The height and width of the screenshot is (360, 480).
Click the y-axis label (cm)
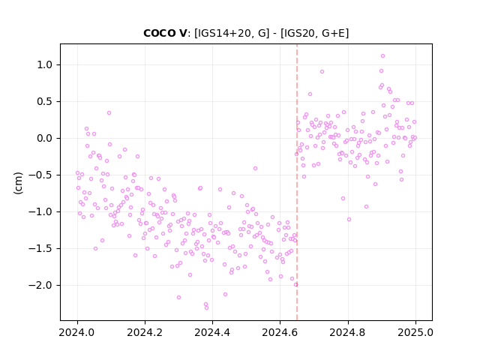[x=18, y=183]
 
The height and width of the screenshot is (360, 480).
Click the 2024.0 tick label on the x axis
[x=77, y=332]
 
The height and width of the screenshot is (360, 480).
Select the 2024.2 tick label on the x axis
[x=145, y=332]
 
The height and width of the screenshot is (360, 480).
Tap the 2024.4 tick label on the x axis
[x=212, y=332]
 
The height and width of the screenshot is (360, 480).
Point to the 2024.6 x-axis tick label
[x=280, y=332]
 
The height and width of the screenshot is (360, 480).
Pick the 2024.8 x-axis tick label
[x=348, y=332]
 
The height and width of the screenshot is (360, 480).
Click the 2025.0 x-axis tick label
[x=415, y=332]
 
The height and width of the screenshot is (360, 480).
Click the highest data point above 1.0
[x=382, y=56]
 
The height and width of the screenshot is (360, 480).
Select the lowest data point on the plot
[x=207, y=307]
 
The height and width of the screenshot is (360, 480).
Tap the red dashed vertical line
[x=297, y=182]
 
